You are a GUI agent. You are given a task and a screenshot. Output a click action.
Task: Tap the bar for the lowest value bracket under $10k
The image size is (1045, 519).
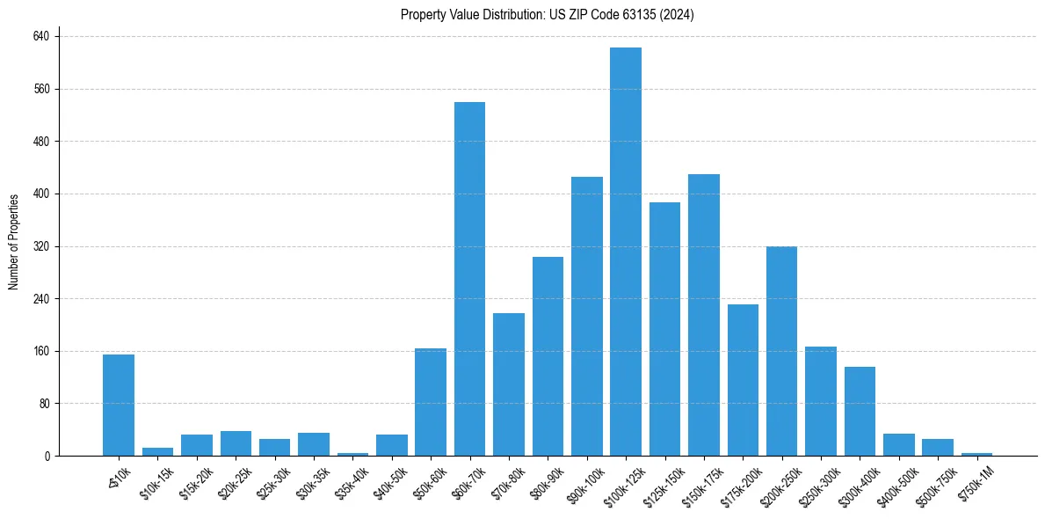(x=119, y=405)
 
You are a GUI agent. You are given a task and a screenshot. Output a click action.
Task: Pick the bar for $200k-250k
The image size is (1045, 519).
(x=781, y=351)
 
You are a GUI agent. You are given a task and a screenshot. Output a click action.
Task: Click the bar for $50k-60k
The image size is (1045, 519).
(x=431, y=402)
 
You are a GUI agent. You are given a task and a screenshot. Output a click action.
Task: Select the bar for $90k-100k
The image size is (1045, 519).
(x=587, y=316)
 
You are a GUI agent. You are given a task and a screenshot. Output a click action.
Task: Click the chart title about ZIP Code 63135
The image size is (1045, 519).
(x=548, y=15)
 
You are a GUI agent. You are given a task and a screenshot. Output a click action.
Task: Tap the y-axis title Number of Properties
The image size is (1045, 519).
(x=14, y=243)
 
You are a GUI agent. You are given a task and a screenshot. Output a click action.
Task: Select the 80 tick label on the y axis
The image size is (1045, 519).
(x=45, y=404)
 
